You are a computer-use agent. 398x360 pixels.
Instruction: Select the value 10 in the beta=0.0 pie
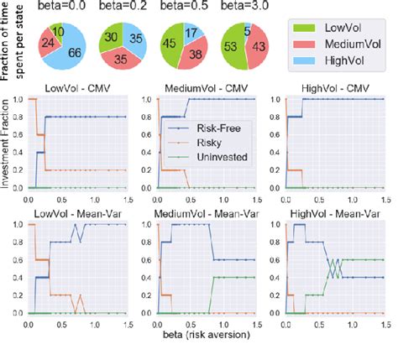click(x=54, y=31)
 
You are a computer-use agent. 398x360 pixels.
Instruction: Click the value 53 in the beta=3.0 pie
click(x=230, y=46)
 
